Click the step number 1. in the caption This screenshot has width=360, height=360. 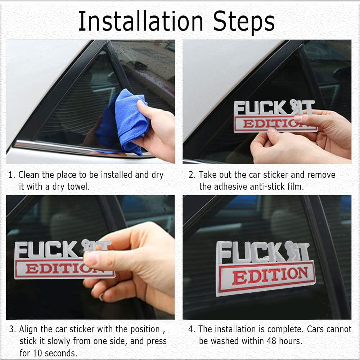(x=12, y=175)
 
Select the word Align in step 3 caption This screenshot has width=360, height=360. (x=29, y=329)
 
